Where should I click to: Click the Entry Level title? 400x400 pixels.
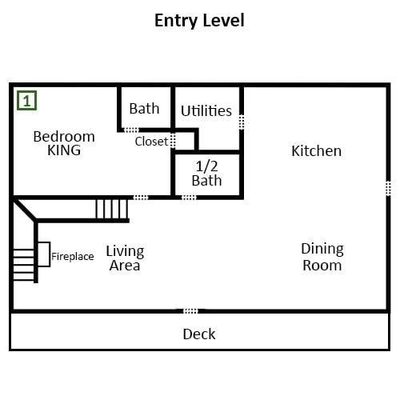tap(199, 21)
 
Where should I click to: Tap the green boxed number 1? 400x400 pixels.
tap(26, 101)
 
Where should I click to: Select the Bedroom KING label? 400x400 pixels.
tap(64, 143)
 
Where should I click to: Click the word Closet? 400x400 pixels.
tap(151, 142)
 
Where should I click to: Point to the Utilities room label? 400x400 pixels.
tap(206, 110)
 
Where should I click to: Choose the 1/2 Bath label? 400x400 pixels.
tap(206, 174)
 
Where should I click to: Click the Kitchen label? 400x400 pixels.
tap(317, 151)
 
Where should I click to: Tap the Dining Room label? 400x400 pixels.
tap(322, 257)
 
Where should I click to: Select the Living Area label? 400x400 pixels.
tap(125, 258)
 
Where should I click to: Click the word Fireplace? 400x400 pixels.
tap(73, 257)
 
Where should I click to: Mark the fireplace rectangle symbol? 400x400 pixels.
tap(44, 254)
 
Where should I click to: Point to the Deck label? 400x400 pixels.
tap(199, 334)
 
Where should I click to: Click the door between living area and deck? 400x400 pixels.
tap(190, 311)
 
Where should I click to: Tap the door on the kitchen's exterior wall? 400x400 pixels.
tap(388, 188)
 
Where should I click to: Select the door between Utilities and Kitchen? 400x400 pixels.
tap(242, 122)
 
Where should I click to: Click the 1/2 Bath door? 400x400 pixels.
tap(189, 198)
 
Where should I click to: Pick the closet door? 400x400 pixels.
tap(173, 140)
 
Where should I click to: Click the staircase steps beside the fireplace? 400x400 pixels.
tap(23, 265)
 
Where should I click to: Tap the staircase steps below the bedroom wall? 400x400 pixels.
tap(112, 209)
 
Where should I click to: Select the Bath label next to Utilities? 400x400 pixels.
tap(144, 109)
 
